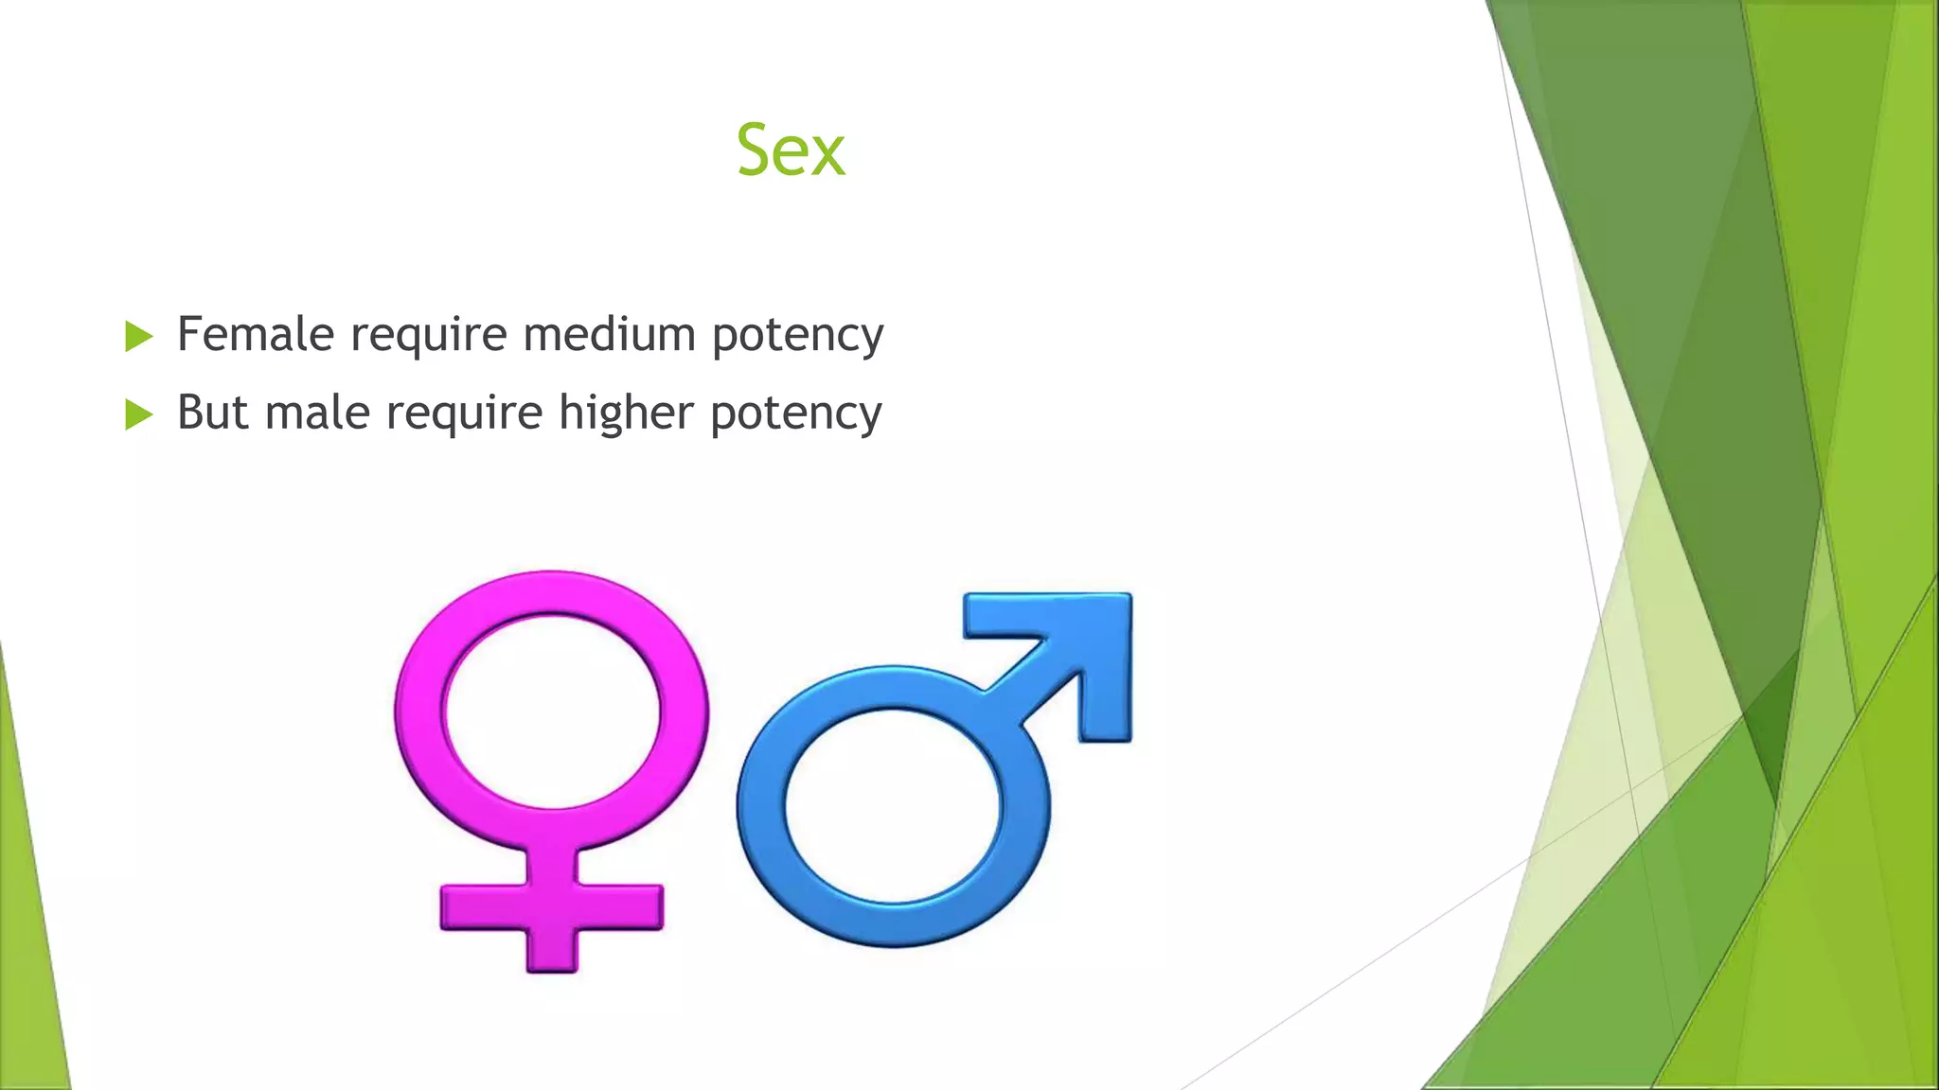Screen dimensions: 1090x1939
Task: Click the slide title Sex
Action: [791, 151]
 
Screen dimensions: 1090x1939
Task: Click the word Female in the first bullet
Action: [256, 334]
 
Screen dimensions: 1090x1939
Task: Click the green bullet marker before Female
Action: [138, 336]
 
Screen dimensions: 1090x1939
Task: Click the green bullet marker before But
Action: [138, 414]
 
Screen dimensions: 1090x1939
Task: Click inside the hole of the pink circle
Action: [552, 710]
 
